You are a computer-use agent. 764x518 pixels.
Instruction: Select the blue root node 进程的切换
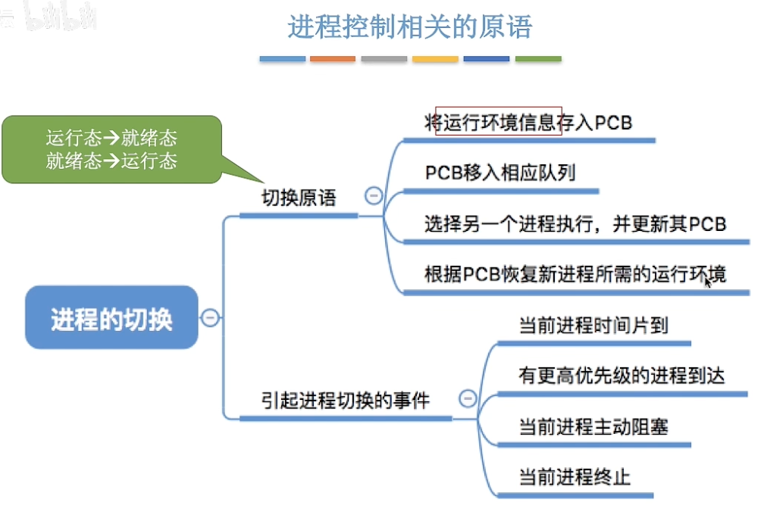click(111, 317)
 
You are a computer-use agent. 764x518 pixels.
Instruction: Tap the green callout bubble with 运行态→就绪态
click(111, 149)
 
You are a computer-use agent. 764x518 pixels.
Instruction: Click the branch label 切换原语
click(299, 198)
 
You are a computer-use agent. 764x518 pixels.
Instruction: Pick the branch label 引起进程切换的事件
click(346, 400)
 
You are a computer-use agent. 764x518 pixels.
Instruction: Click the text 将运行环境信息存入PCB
click(528, 123)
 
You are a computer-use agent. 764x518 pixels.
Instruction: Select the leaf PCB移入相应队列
click(499, 173)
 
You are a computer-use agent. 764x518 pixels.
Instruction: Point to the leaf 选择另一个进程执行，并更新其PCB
click(575, 223)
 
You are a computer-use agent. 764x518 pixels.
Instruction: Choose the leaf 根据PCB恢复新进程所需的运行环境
click(575, 273)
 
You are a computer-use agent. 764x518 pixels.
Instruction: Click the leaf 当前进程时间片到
click(593, 326)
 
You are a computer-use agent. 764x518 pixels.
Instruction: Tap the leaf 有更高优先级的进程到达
click(622, 376)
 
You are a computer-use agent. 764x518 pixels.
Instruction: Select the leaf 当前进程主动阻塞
click(593, 426)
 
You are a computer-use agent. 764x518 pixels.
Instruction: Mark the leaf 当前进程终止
click(575, 477)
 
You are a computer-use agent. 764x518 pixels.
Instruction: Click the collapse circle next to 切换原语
click(373, 196)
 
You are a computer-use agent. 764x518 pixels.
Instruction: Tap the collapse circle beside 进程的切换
click(210, 317)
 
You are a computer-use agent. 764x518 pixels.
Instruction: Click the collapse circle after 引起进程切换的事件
click(468, 398)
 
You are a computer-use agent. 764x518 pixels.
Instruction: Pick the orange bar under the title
click(333, 58)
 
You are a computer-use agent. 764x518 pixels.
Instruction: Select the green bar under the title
click(538, 58)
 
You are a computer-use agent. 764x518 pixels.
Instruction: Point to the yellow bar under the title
click(435, 58)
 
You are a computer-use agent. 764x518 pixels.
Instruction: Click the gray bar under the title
click(384, 58)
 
